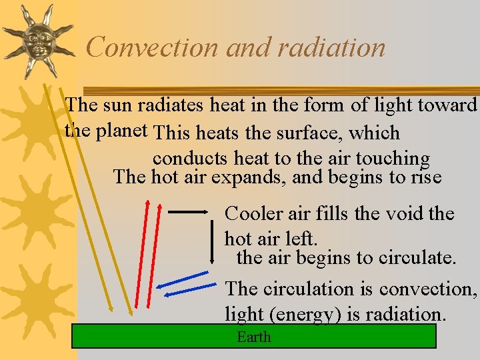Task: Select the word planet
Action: [x=122, y=131]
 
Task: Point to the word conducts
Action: [x=191, y=159]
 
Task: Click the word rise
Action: [x=425, y=177]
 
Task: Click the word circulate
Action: [x=417, y=257]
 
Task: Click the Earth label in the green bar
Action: [x=254, y=337]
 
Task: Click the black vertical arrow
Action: [x=211, y=237]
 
